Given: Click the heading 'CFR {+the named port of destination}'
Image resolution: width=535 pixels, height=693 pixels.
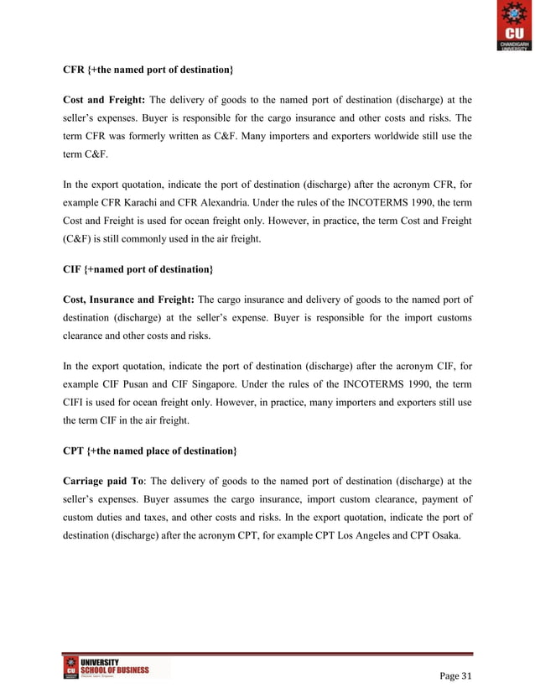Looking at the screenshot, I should [x=148, y=66].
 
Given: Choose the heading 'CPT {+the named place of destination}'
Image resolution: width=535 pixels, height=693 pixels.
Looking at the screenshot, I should [x=149, y=451].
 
